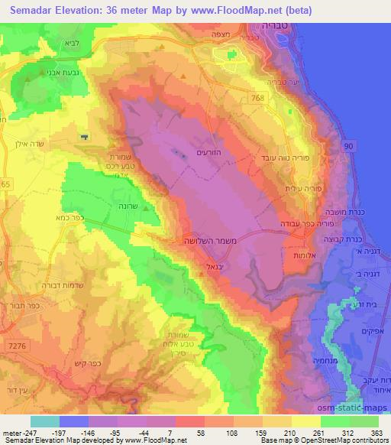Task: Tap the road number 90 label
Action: (350, 145)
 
